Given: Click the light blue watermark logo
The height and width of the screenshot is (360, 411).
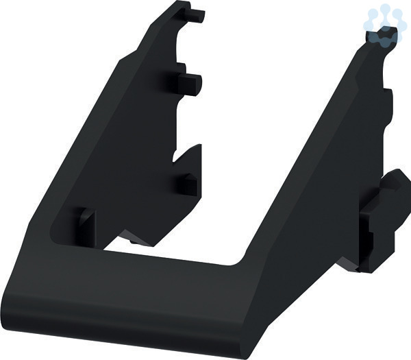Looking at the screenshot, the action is (383, 25).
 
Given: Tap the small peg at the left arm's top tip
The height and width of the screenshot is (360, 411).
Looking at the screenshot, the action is (196, 15).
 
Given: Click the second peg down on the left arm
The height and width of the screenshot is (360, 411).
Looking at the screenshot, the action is (190, 84).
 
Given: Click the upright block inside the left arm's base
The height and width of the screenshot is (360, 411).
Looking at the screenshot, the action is (86, 227).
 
